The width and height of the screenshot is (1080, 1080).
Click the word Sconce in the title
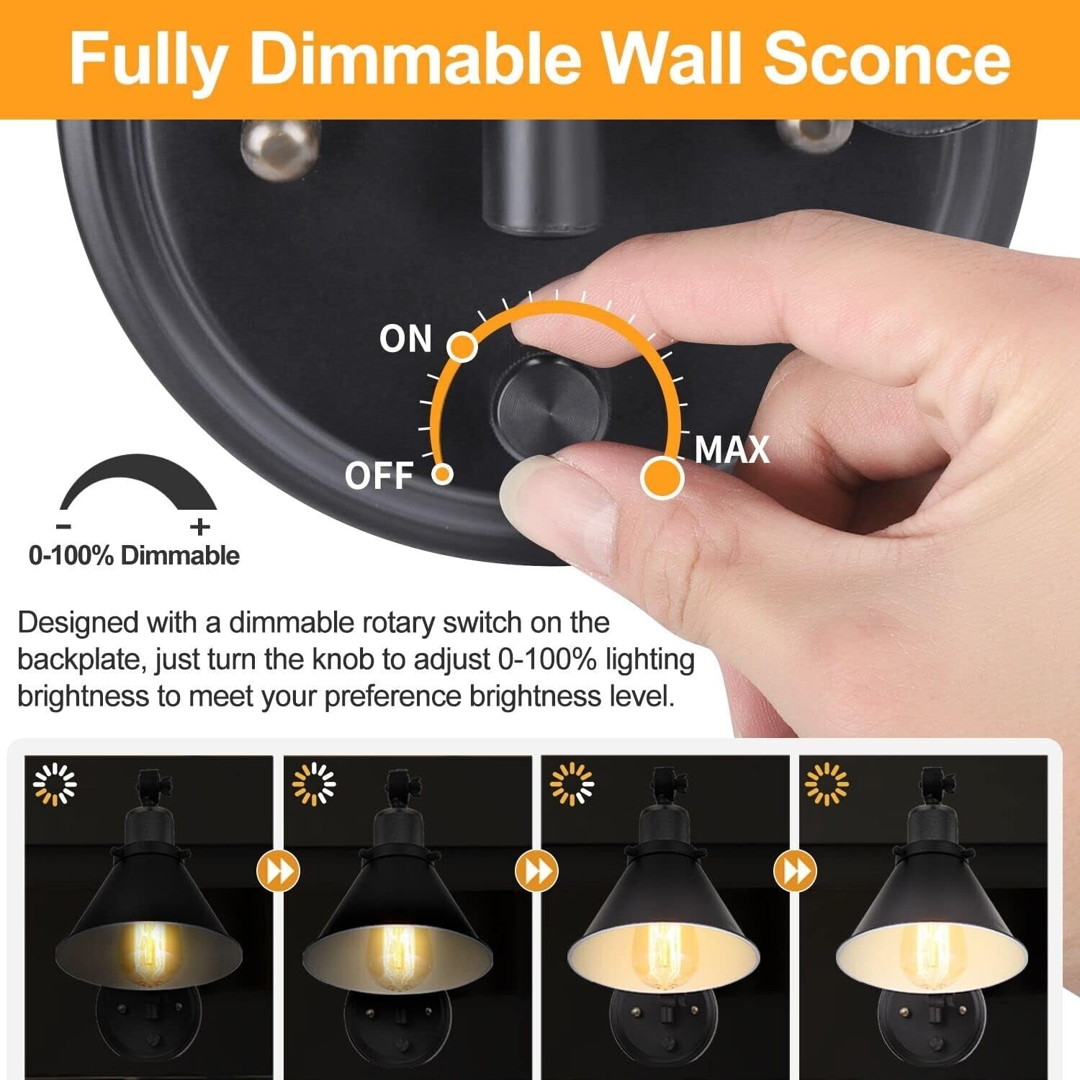887,59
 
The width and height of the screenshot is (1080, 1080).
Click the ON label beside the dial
405,339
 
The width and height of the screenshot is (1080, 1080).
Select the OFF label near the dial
379,476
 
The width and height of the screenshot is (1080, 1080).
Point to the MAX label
732,450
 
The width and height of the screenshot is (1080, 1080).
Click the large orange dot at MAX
662,477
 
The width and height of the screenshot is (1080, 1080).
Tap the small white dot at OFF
442,474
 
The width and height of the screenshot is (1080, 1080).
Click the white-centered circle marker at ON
462,347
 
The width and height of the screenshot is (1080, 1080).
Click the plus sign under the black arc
200,527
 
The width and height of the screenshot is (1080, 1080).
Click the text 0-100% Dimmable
134,556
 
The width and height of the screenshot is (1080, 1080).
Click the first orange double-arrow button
278,871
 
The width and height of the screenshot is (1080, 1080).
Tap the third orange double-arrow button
794,871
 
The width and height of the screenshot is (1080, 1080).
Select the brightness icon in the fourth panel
826,783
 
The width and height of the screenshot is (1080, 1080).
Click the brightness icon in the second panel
314,783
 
